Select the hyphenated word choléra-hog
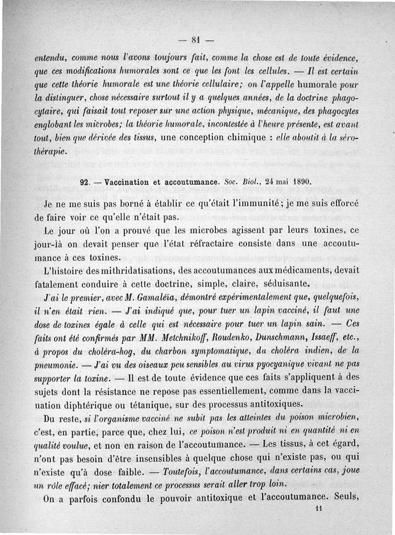click(x=106, y=353)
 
